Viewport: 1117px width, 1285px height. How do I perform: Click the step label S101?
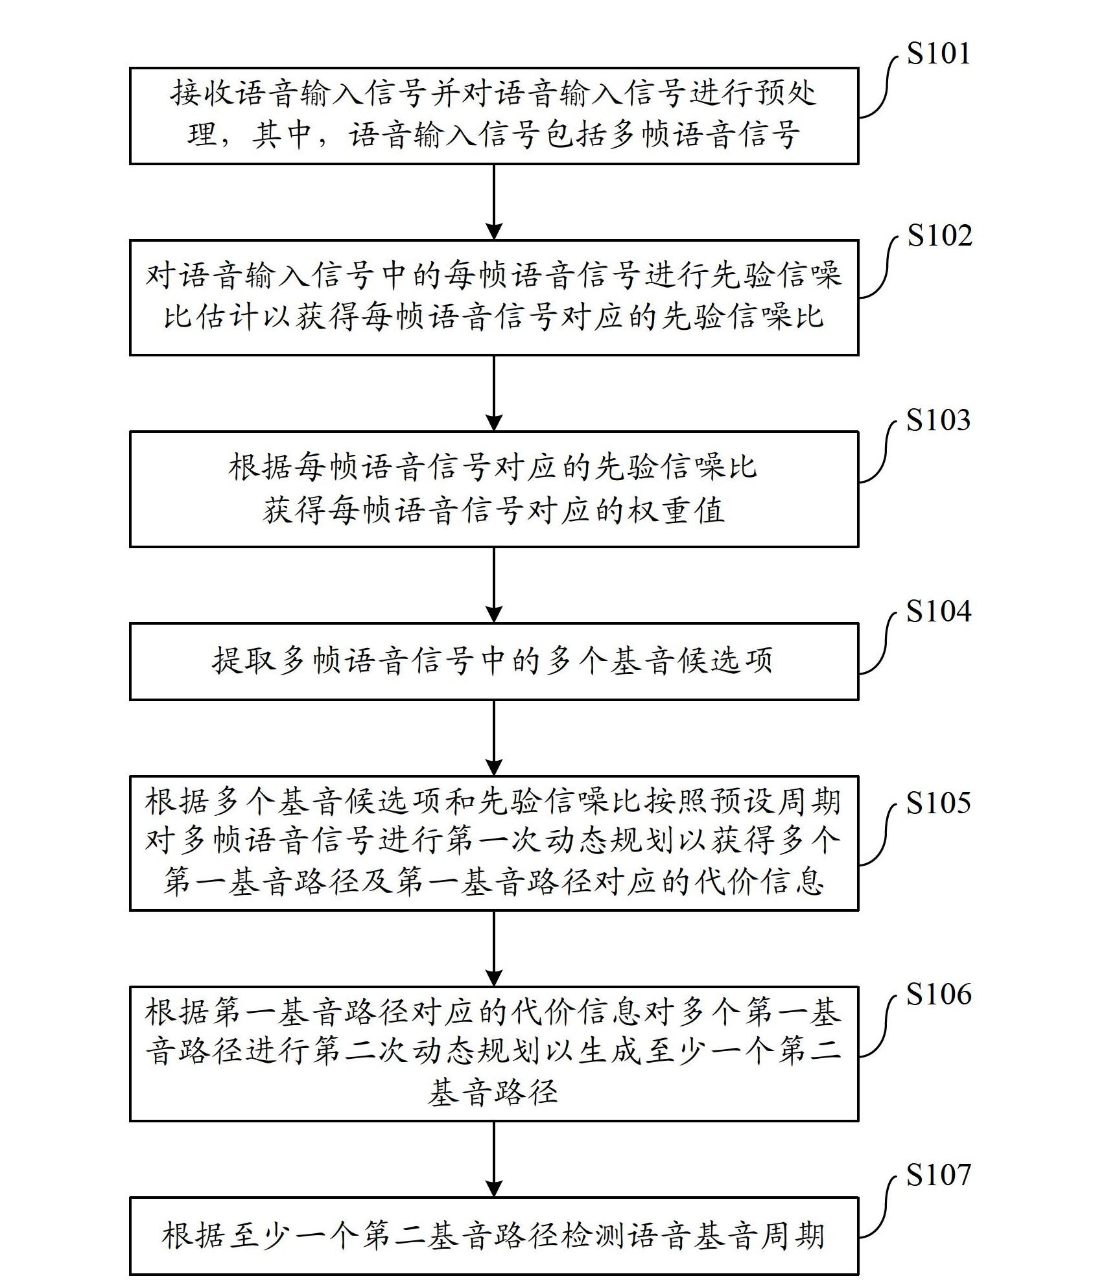pos(938,54)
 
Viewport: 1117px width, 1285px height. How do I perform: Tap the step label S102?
pos(939,236)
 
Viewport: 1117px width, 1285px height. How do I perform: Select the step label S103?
pos(938,421)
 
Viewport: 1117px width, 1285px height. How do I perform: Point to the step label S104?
pos(938,612)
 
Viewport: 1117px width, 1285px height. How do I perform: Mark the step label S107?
pos(938,1175)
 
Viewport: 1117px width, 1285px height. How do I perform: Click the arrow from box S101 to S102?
pos(494,202)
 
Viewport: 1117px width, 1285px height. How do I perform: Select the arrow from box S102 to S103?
pos(494,393)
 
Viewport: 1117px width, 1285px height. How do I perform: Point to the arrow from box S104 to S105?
pos(494,737)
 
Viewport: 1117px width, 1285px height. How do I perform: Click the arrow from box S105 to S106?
pos(494,948)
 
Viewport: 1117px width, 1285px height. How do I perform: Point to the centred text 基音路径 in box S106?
pos(493,1093)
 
